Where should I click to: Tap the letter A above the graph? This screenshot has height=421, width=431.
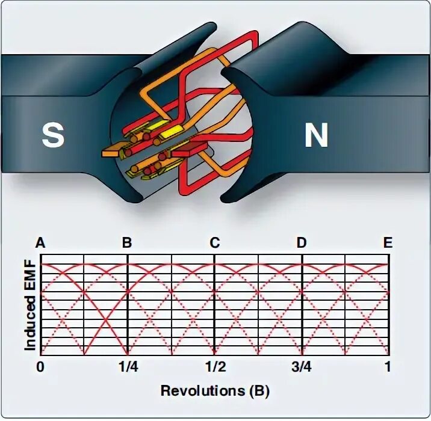41,243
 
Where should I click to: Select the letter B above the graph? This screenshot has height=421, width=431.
127,243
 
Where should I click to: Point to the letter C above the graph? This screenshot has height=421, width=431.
215,243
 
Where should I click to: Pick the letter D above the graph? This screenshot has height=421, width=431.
302,243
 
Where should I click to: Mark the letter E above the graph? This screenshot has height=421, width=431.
388,243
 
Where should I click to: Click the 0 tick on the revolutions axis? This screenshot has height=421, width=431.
40,366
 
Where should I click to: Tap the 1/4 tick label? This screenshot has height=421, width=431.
127,366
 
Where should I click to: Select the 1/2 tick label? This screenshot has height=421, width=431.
214,366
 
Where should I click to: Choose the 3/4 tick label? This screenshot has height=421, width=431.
302,366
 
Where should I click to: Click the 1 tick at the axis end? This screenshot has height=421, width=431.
388,366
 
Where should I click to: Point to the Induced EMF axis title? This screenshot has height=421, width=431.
30,307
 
